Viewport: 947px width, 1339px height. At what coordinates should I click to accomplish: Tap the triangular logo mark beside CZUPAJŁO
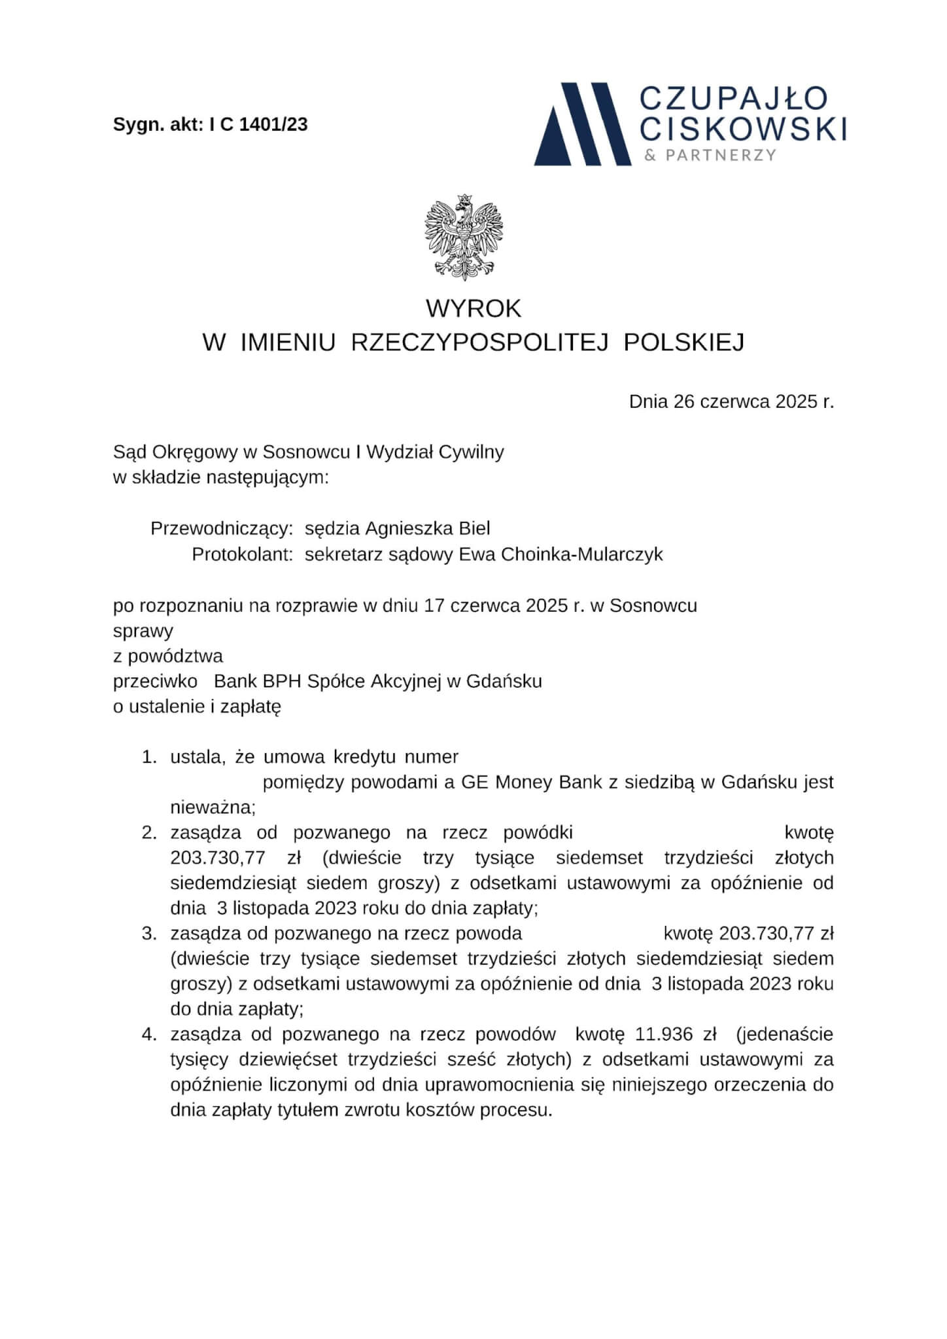click(581, 125)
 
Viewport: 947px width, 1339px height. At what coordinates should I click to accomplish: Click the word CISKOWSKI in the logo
click(742, 128)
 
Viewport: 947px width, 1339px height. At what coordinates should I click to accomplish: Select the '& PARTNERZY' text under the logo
click(710, 156)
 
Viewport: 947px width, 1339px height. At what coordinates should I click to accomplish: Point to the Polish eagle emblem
click(465, 237)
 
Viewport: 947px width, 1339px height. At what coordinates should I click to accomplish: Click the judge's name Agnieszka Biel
click(427, 528)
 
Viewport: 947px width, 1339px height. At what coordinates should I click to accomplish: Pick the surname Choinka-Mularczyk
click(582, 554)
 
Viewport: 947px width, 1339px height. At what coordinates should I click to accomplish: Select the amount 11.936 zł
click(675, 1034)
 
